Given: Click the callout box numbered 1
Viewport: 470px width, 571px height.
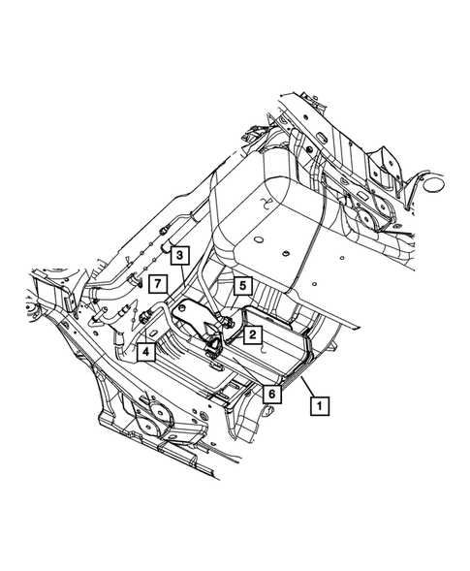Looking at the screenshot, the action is [319, 405].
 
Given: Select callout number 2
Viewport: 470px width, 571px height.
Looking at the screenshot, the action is [253, 334].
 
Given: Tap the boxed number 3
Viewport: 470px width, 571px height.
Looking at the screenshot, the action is [180, 255].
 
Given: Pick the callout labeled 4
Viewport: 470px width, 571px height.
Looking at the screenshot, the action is [146, 352].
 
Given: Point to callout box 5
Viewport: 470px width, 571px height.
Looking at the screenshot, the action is [243, 285].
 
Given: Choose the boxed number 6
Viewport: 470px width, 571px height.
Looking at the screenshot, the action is [272, 394].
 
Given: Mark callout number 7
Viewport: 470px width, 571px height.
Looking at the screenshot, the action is [158, 284].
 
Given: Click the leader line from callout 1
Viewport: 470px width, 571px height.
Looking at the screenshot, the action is [308, 387].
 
